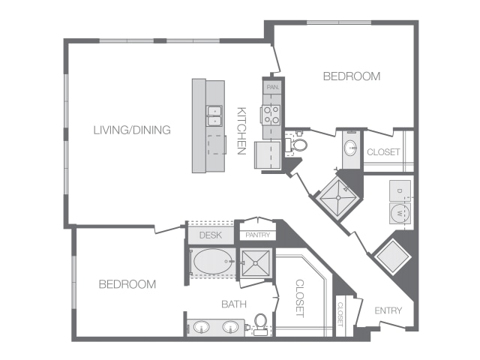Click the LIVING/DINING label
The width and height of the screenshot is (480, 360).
(x=132, y=130)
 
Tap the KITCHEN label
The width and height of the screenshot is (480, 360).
(x=241, y=130)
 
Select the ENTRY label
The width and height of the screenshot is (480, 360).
(x=388, y=310)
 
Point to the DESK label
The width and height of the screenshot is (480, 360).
(x=210, y=235)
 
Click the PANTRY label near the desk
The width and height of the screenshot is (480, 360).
(x=258, y=235)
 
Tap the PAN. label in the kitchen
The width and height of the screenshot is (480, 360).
(x=273, y=87)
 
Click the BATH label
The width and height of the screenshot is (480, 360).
(x=234, y=304)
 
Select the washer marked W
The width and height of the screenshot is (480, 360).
(x=400, y=213)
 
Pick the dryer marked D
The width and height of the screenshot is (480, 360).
(x=400, y=190)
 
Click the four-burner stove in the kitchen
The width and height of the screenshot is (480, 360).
(x=271, y=115)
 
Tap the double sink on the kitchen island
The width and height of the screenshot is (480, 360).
(x=214, y=116)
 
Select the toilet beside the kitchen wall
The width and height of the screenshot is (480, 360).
(x=296, y=145)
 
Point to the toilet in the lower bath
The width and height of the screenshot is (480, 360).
(x=261, y=324)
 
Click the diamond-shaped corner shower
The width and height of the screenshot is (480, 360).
(x=338, y=198)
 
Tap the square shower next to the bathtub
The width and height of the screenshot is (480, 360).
(x=256, y=263)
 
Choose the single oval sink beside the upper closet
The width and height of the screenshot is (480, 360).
(x=351, y=148)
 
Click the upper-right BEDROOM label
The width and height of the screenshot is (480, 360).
(x=352, y=76)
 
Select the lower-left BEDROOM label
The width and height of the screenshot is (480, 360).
(x=127, y=284)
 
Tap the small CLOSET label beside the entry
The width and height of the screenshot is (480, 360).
(x=340, y=314)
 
